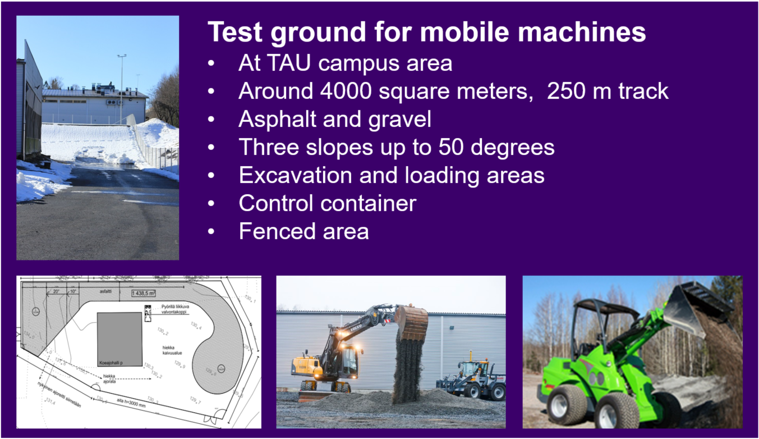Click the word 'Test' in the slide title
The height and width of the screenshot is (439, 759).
point(234,33)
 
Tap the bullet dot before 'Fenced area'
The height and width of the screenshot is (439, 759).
point(211,231)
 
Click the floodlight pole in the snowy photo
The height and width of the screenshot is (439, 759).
point(121,87)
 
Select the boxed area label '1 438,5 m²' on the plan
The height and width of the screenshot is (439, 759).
point(144,293)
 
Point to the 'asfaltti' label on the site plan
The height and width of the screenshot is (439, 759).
point(104,292)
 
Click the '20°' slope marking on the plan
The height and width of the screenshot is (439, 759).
point(56,292)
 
